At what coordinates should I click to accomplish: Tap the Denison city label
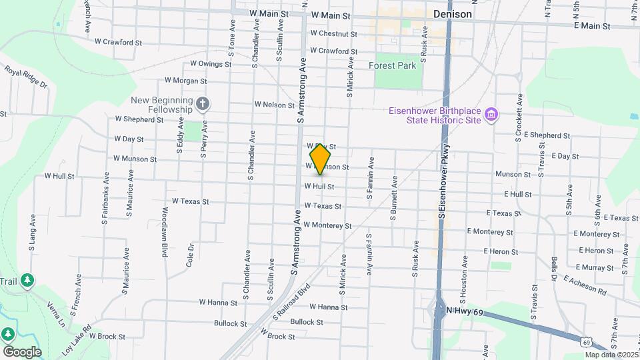(452, 13)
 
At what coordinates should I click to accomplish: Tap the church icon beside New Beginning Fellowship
(203, 103)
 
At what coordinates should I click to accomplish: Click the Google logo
(21, 351)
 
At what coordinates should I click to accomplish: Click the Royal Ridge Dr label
(26, 77)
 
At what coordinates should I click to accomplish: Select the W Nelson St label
(274, 105)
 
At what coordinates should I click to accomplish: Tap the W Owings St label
(211, 65)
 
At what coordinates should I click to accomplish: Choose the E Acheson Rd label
(585, 286)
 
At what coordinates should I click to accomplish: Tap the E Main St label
(592, 26)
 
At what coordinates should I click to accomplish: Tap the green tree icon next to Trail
(27, 281)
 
